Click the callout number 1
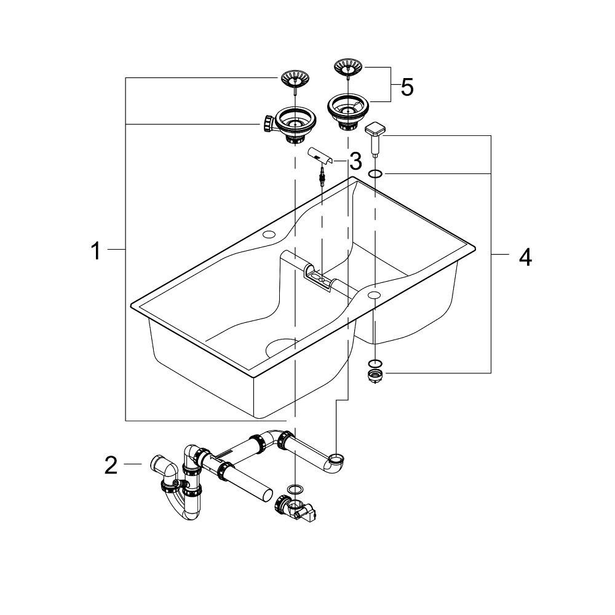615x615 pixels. [95, 251]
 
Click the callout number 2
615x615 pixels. [111, 466]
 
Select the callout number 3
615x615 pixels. [355, 162]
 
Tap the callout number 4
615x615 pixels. [525, 257]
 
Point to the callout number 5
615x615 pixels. [407, 87]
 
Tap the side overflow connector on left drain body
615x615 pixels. [266, 124]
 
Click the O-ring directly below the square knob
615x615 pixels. [375, 175]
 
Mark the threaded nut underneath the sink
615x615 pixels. [375, 375]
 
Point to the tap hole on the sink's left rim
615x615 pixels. [269, 236]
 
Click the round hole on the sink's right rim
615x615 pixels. [374, 296]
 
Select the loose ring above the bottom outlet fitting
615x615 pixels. [296, 488]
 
